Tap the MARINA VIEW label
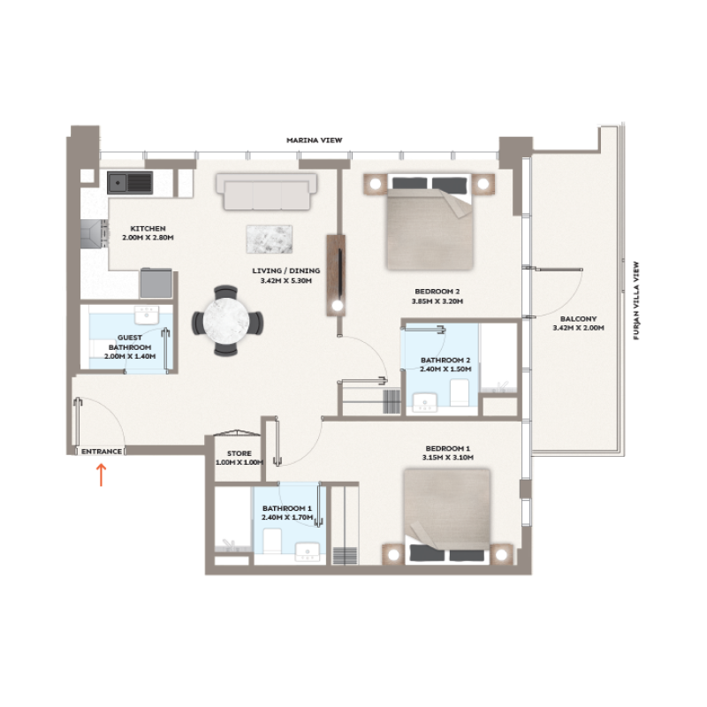[x=314, y=141]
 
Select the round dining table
[x=227, y=321]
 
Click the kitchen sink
[x=130, y=183]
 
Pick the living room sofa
[x=266, y=191]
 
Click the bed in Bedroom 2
[x=430, y=224]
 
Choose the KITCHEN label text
[x=148, y=229]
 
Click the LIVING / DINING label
[x=290, y=271]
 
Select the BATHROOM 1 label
[x=287, y=508]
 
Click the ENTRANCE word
[x=101, y=452]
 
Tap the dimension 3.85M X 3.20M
[x=437, y=301]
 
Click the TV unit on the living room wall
[x=336, y=274]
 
